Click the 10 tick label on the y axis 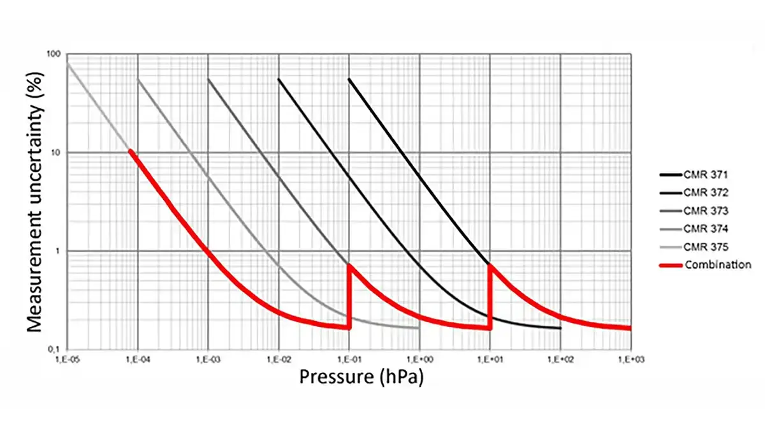click(56, 153)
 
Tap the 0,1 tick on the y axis click(55, 349)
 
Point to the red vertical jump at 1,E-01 click(349, 296)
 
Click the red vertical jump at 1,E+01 click(490, 296)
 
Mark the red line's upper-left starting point click(131, 151)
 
